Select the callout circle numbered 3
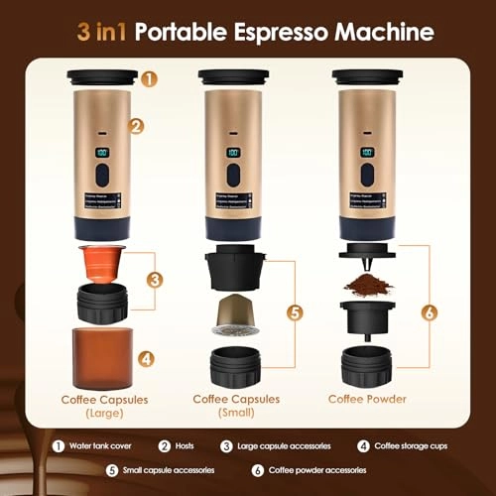click(x=154, y=280)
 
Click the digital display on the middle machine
click(x=234, y=154)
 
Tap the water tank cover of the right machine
click(x=367, y=76)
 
